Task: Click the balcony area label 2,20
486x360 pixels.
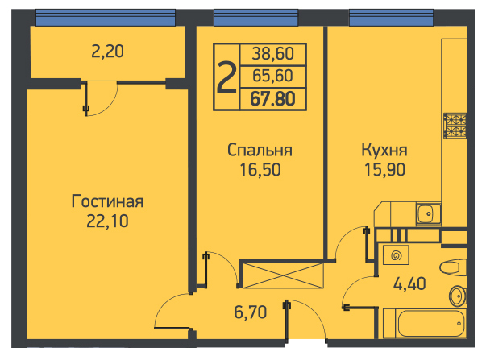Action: [107, 52]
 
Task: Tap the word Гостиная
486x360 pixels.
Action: [107, 201]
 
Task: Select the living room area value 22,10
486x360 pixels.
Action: [107, 221]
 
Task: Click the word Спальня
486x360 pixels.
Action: [260, 151]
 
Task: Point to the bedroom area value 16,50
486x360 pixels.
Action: [260, 170]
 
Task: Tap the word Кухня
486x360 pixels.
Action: [384, 151]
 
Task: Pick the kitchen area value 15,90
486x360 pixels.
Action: [384, 170]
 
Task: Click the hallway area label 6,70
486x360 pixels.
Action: [251, 312]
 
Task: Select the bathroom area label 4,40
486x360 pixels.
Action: [409, 283]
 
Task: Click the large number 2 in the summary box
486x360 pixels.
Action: [226, 77]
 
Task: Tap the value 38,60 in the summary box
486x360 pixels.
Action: [272, 54]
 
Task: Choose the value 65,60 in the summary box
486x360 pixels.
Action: [272, 76]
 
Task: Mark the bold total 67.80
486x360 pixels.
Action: [272, 99]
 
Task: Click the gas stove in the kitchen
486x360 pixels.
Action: [455, 126]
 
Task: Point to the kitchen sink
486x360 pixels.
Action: [429, 213]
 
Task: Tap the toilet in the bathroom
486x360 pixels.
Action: [453, 267]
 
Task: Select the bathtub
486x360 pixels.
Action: [425, 324]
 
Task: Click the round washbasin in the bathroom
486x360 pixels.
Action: [458, 296]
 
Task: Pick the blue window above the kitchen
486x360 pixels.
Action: [391, 18]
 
